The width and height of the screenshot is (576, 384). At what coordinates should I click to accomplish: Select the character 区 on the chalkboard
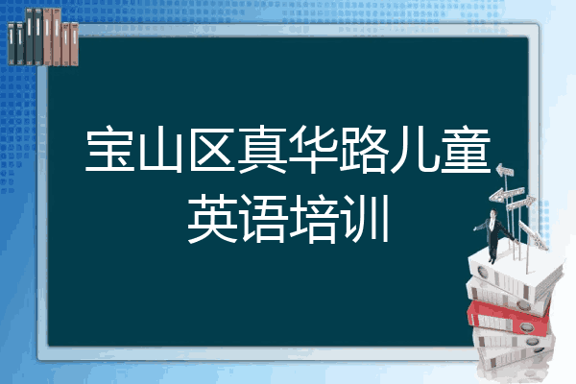click(x=210, y=154)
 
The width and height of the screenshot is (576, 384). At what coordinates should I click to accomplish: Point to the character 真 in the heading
click(x=261, y=154)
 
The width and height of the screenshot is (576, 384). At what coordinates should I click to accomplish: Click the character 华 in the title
click(x=312, y=154)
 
